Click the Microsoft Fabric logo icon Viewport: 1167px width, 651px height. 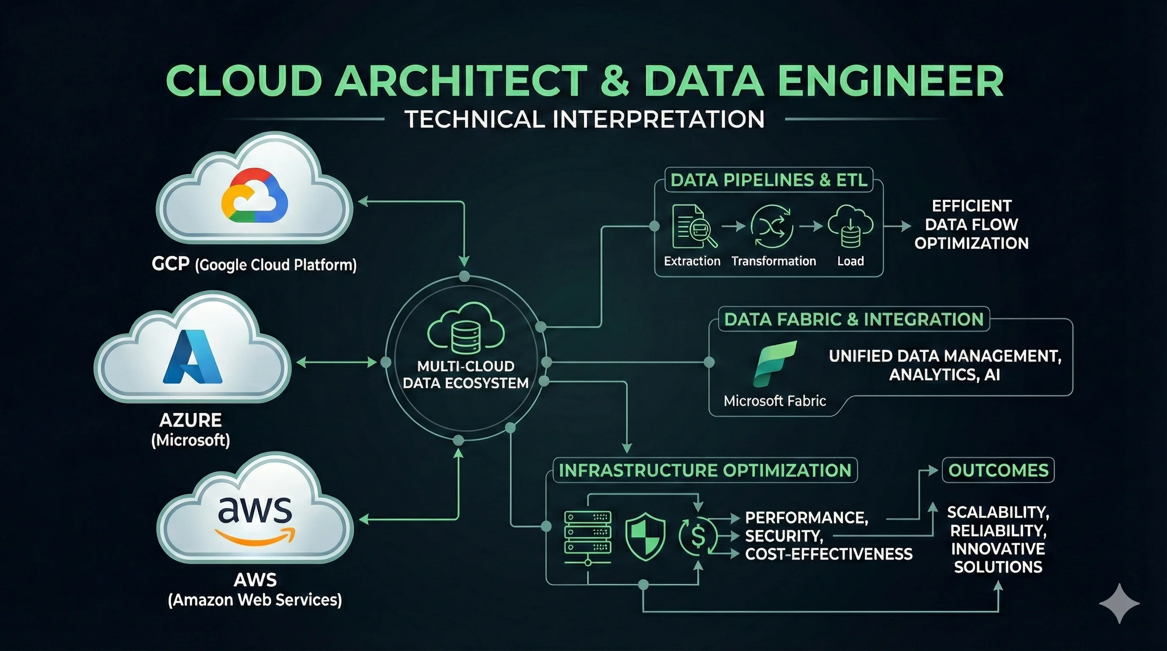point(775,364)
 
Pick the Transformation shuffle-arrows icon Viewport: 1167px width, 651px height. point(771,226)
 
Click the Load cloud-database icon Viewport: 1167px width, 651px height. point(850,226)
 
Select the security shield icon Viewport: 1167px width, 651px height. point(645,537)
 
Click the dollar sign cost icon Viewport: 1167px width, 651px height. point(698,537)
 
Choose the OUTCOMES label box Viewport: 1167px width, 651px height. point(998,470)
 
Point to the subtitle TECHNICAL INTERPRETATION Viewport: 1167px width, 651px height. point(584,120)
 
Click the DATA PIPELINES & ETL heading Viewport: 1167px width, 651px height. point(769,180)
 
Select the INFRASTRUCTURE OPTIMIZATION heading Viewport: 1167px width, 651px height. point(705,470)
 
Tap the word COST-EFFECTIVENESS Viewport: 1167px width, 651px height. point(829,554)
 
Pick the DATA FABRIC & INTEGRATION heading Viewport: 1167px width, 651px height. point(854,320)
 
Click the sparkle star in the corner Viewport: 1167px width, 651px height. point(1120,604)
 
